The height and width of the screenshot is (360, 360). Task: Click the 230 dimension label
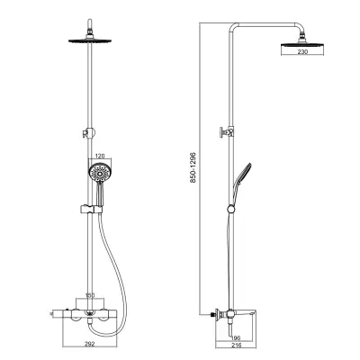pos(302,51)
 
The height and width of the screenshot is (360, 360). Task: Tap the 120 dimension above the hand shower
pos(100,156)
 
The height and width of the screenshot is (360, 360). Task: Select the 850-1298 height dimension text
pos(193,167)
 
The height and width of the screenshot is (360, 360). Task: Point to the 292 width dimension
pos(89,344)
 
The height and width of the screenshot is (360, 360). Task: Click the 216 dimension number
pos(237,346)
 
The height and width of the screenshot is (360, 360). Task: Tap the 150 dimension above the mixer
pos(90,295)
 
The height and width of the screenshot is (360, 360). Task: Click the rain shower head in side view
pos(302,44)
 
